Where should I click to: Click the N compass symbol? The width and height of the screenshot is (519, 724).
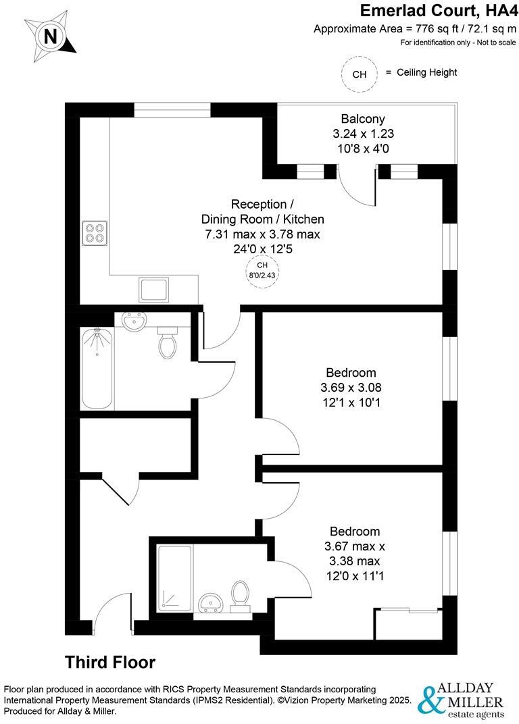50,36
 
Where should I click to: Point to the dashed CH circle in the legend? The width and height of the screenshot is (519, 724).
360,74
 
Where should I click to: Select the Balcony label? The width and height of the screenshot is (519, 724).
363,119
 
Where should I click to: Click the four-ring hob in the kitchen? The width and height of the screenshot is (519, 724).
95,233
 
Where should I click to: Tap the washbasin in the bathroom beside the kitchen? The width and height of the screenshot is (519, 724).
135,322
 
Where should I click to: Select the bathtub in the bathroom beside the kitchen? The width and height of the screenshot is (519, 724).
97,369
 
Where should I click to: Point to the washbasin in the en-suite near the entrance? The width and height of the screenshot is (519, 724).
212,600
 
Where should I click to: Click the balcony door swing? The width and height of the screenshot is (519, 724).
358,186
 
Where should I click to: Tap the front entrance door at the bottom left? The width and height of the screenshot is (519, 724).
114,611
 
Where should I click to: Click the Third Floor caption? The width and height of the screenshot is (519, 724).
110,662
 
